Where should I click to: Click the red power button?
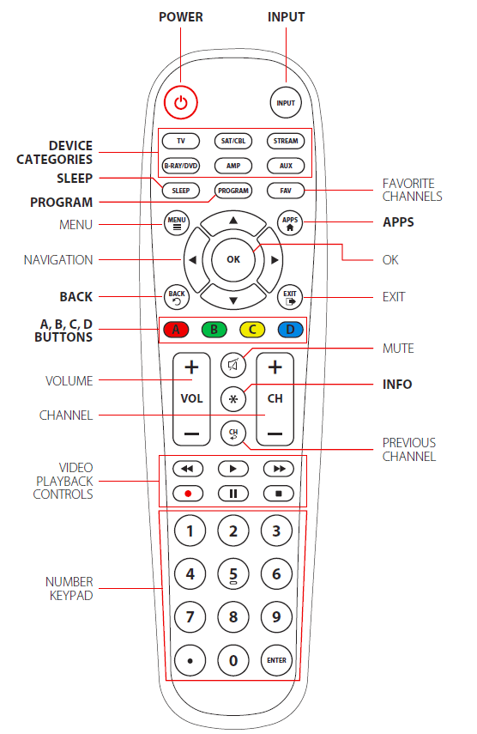tap(181, 102)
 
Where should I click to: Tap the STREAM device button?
tap(284, 141)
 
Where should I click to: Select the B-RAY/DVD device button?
tap(181, 165)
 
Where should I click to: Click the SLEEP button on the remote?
tap(181, 191)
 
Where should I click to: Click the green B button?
tap(214, 330)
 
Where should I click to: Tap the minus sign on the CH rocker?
tap(275, 434)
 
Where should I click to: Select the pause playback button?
tap(232, 494)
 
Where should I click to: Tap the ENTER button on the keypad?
tap(276, 660)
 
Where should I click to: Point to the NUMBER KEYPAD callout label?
tap(69, 588)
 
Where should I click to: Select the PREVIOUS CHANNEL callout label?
tap(409, 449)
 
